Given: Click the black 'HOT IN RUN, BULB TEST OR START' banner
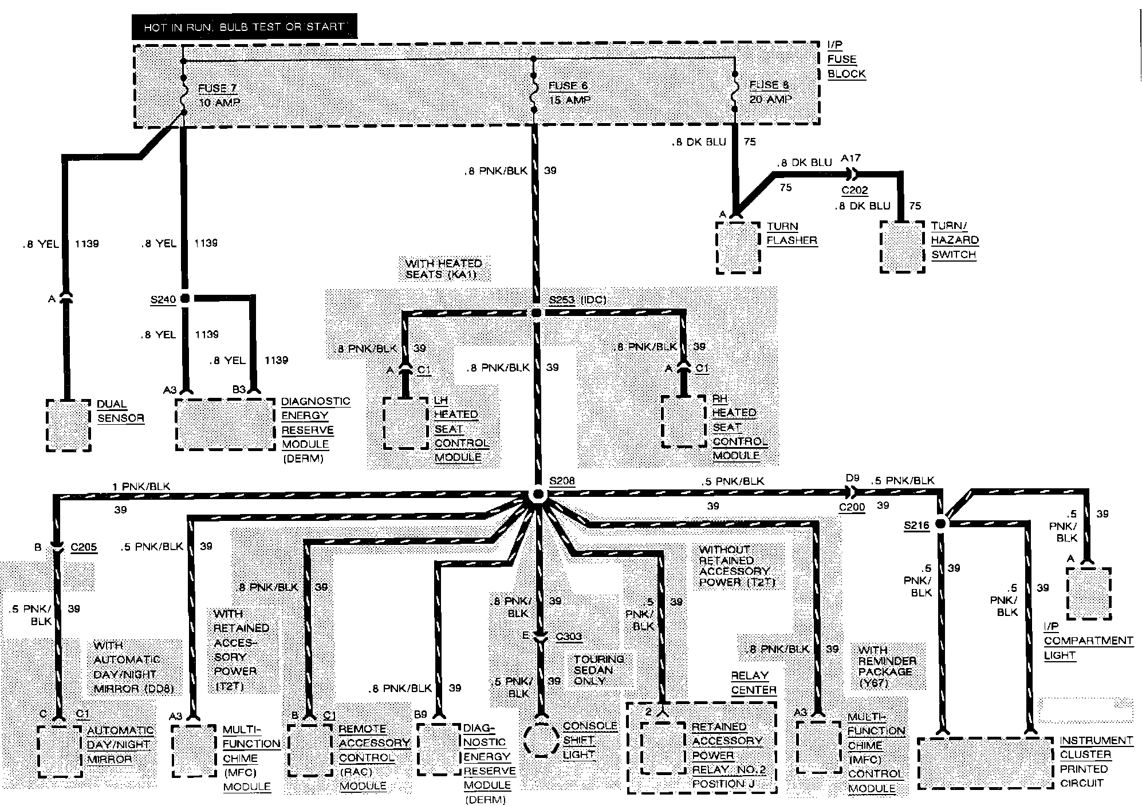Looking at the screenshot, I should [244, 27].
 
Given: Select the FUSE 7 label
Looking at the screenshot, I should [217, 89].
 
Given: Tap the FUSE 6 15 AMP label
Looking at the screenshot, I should [569, 93].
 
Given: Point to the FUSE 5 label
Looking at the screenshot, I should [769, 85].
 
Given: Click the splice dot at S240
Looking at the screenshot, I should [185, 298].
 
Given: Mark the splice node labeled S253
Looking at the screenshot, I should [537, 313].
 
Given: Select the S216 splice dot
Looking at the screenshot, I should [940, 524].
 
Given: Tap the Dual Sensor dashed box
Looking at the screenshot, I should [68, 425].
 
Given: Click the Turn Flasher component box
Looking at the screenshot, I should [738, 248].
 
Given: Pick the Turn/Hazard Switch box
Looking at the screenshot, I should [903, 246].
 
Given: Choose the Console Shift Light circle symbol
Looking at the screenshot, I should [541, 740].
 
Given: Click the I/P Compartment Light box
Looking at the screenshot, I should [1088, 593].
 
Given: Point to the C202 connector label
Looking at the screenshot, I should [854, 190].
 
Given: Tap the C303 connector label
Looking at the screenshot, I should [569, 637].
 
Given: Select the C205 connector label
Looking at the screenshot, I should [84, 547].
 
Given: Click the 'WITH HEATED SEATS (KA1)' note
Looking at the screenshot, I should [443, 269].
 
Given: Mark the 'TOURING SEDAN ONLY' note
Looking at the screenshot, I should [598, 670].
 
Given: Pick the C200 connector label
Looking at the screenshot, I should [852, 507].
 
